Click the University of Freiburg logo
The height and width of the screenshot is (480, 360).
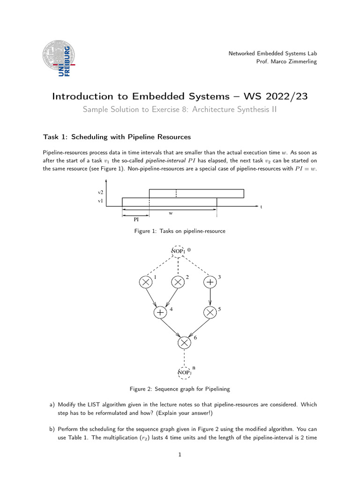point(58,59)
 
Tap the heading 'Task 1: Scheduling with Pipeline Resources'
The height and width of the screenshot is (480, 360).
point(117,137)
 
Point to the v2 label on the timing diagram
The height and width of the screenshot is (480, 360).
point(100,193)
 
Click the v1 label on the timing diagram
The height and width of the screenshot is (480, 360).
point(100,201)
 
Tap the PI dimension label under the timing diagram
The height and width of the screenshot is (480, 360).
point(136,219)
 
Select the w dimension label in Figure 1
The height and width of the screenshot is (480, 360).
point(171,213)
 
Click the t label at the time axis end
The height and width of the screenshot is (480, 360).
point(261,207)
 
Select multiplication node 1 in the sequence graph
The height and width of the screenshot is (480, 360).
point(146,282)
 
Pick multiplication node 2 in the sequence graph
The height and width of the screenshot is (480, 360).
point(178,282)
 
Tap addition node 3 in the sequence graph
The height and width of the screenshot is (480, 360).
point(210,282)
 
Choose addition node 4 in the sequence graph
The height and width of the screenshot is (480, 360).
point(161,312)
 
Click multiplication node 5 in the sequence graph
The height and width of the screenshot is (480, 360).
point(210,312)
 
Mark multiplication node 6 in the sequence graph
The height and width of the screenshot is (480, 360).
point(185,343)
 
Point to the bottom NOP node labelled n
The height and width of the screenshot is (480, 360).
point(184,373)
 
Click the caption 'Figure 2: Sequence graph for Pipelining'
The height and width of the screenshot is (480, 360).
point(180,389)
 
